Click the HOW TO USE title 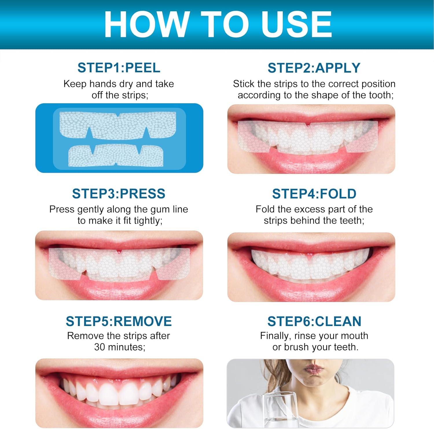[x=218, y=24]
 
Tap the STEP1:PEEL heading [x=119, y=68]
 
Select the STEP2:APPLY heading [x=314, y=68]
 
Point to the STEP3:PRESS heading [x=119, y=194]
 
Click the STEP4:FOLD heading [x=314, y=194]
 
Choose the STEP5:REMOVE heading [x=119, y=321]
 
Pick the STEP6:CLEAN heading [x=314, y=321]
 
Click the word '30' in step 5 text [x=100, y=347]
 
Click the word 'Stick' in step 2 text [x=244, y=84]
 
